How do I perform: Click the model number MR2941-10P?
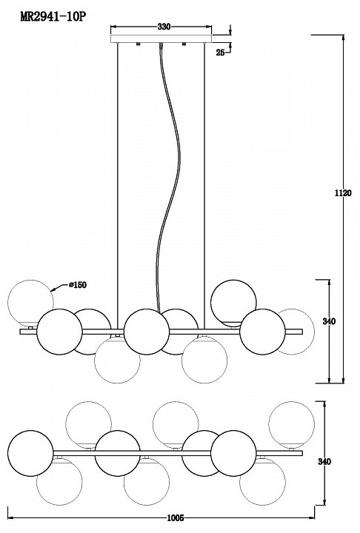coord(53,17)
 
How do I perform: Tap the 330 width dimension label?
coord(164,27)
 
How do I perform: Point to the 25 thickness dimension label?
coord(221,53)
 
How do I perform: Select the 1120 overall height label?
coord(343,193)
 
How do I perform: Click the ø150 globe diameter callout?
coord(77,284)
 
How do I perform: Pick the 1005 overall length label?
coord(176,518)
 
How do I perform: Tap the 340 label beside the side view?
coord(329,321)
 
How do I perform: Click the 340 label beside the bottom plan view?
coord(324,462)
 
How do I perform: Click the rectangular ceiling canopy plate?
coord(161,38)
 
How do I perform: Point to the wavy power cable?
coord(169,177)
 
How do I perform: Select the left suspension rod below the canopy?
coord(117,186)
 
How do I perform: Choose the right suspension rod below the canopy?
coord(204,186)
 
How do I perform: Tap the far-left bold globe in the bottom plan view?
coord(30,453)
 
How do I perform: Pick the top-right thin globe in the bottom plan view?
coord(292,424)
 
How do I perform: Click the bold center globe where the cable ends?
coord(147,332)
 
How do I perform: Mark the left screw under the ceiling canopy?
coord(138,44)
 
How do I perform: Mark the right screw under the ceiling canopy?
coord(184,44)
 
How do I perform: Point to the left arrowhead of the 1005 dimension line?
coord(10,518)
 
